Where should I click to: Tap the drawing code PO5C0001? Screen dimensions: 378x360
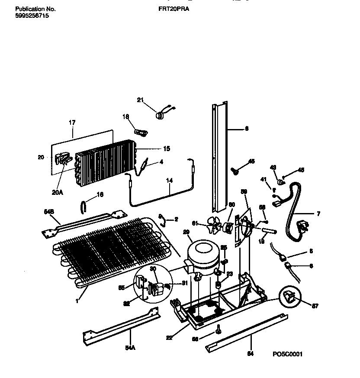coord(287,354)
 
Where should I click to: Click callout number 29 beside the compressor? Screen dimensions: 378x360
coord(186,233)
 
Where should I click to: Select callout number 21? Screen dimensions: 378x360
coord(140,100)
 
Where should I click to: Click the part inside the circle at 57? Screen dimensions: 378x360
coord(289,297)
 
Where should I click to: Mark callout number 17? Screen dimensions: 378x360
coord(72,123)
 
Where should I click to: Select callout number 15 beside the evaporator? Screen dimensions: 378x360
coord(166,149)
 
